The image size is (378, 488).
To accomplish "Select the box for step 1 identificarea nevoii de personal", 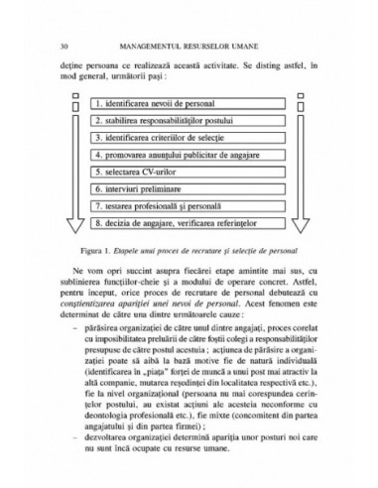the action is (x=189, y=103).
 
